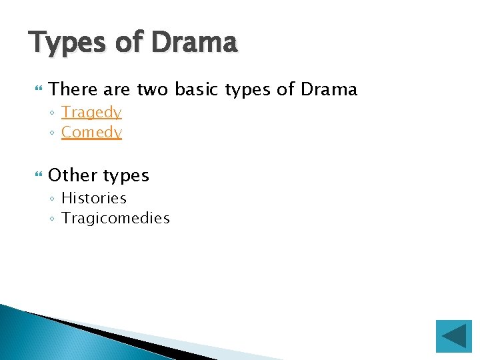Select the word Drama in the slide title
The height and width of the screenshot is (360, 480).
193,43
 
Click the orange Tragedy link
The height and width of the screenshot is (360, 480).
91,113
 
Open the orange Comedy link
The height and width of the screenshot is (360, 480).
91,133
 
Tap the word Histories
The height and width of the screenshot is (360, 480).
93,198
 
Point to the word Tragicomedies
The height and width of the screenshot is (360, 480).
115,218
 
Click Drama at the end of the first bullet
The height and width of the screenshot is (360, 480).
329,89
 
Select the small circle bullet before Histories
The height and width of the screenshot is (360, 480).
53,199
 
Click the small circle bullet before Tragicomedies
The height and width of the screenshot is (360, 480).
53,219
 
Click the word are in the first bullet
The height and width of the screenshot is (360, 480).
118,89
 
